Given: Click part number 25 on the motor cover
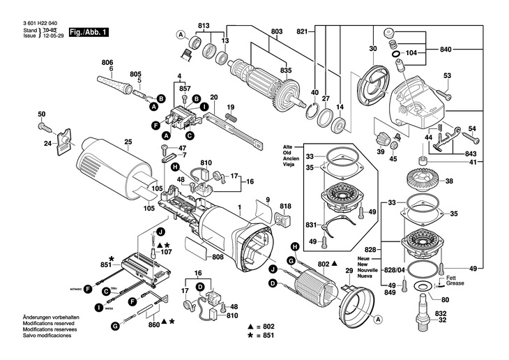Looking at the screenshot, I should click(x=128, y=142).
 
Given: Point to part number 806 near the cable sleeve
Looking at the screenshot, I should click(x=107, y=61).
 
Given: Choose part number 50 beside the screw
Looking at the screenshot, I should click(x=41, y=114).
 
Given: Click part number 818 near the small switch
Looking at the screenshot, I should click(x=285, y=207).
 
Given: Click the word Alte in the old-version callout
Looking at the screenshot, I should click(x=307, y=147).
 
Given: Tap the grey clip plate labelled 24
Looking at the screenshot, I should click(x=63, y=141).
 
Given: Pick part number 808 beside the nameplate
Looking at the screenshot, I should click(x=218, y=257).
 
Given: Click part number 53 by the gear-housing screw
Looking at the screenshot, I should click(x=447, y=75).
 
